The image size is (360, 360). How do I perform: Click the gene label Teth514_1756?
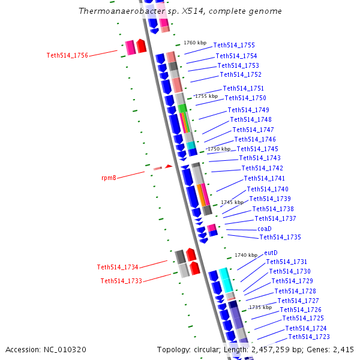[67, 55]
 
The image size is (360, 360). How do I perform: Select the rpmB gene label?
[109, 178]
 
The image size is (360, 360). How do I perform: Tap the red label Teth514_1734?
[118, 267]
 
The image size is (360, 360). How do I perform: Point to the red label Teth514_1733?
[121, 281]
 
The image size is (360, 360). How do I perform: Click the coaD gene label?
[265, 229]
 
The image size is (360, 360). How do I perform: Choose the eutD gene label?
[271, 253]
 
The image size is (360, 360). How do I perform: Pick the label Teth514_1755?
[234, 45]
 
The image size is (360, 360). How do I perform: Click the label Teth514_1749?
[248, 110]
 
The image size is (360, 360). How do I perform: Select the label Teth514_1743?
[260, 158]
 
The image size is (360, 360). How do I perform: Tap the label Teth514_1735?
[280, 237]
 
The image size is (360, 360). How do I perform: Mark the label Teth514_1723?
[308, 337]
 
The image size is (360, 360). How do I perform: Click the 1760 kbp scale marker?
[195, 43]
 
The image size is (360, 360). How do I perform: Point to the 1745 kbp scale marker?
[232, 202]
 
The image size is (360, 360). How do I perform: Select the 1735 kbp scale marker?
[260, 307]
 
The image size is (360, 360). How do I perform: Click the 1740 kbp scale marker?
[245, 255]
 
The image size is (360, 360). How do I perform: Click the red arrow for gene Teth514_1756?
[141, 46]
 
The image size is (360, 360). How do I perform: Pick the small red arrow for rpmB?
[169, 166]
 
